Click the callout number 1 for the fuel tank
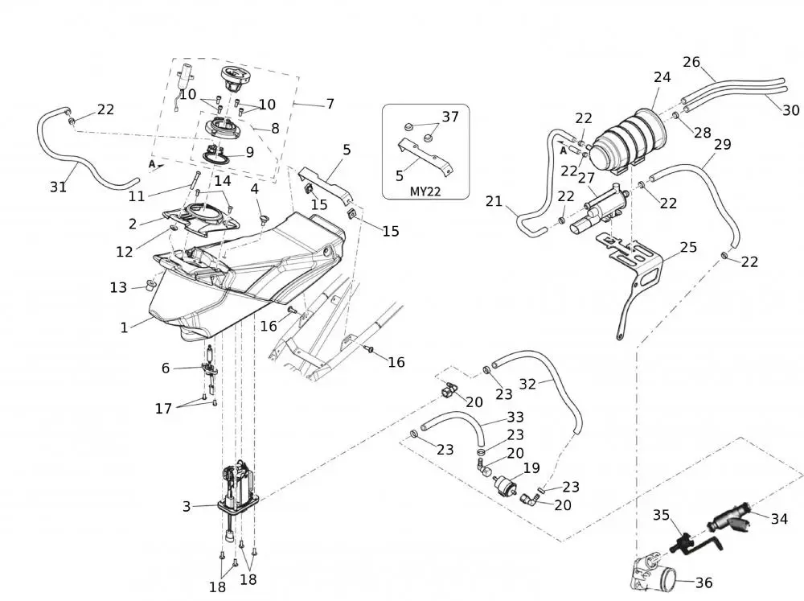(x=124, y=327)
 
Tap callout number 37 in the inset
(x=450, y=117)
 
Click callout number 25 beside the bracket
(x=688, y=247)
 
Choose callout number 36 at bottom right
(x=703, y=583)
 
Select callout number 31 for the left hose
(x=58, y=187)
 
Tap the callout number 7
(x=330, y=104)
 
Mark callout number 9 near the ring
(x=249, y=151)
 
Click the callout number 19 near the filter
(x=531, y=467)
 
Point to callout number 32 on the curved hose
(x=527, y=384)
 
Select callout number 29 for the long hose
(x=722, y=144)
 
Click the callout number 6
(x=166, y=368)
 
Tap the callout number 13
(x=118, y=287)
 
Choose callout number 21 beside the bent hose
(x=494, y=201)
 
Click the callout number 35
(x=661, y=515)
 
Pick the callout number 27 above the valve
(x=586, y=178)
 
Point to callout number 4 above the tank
(x=254, y=189)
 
